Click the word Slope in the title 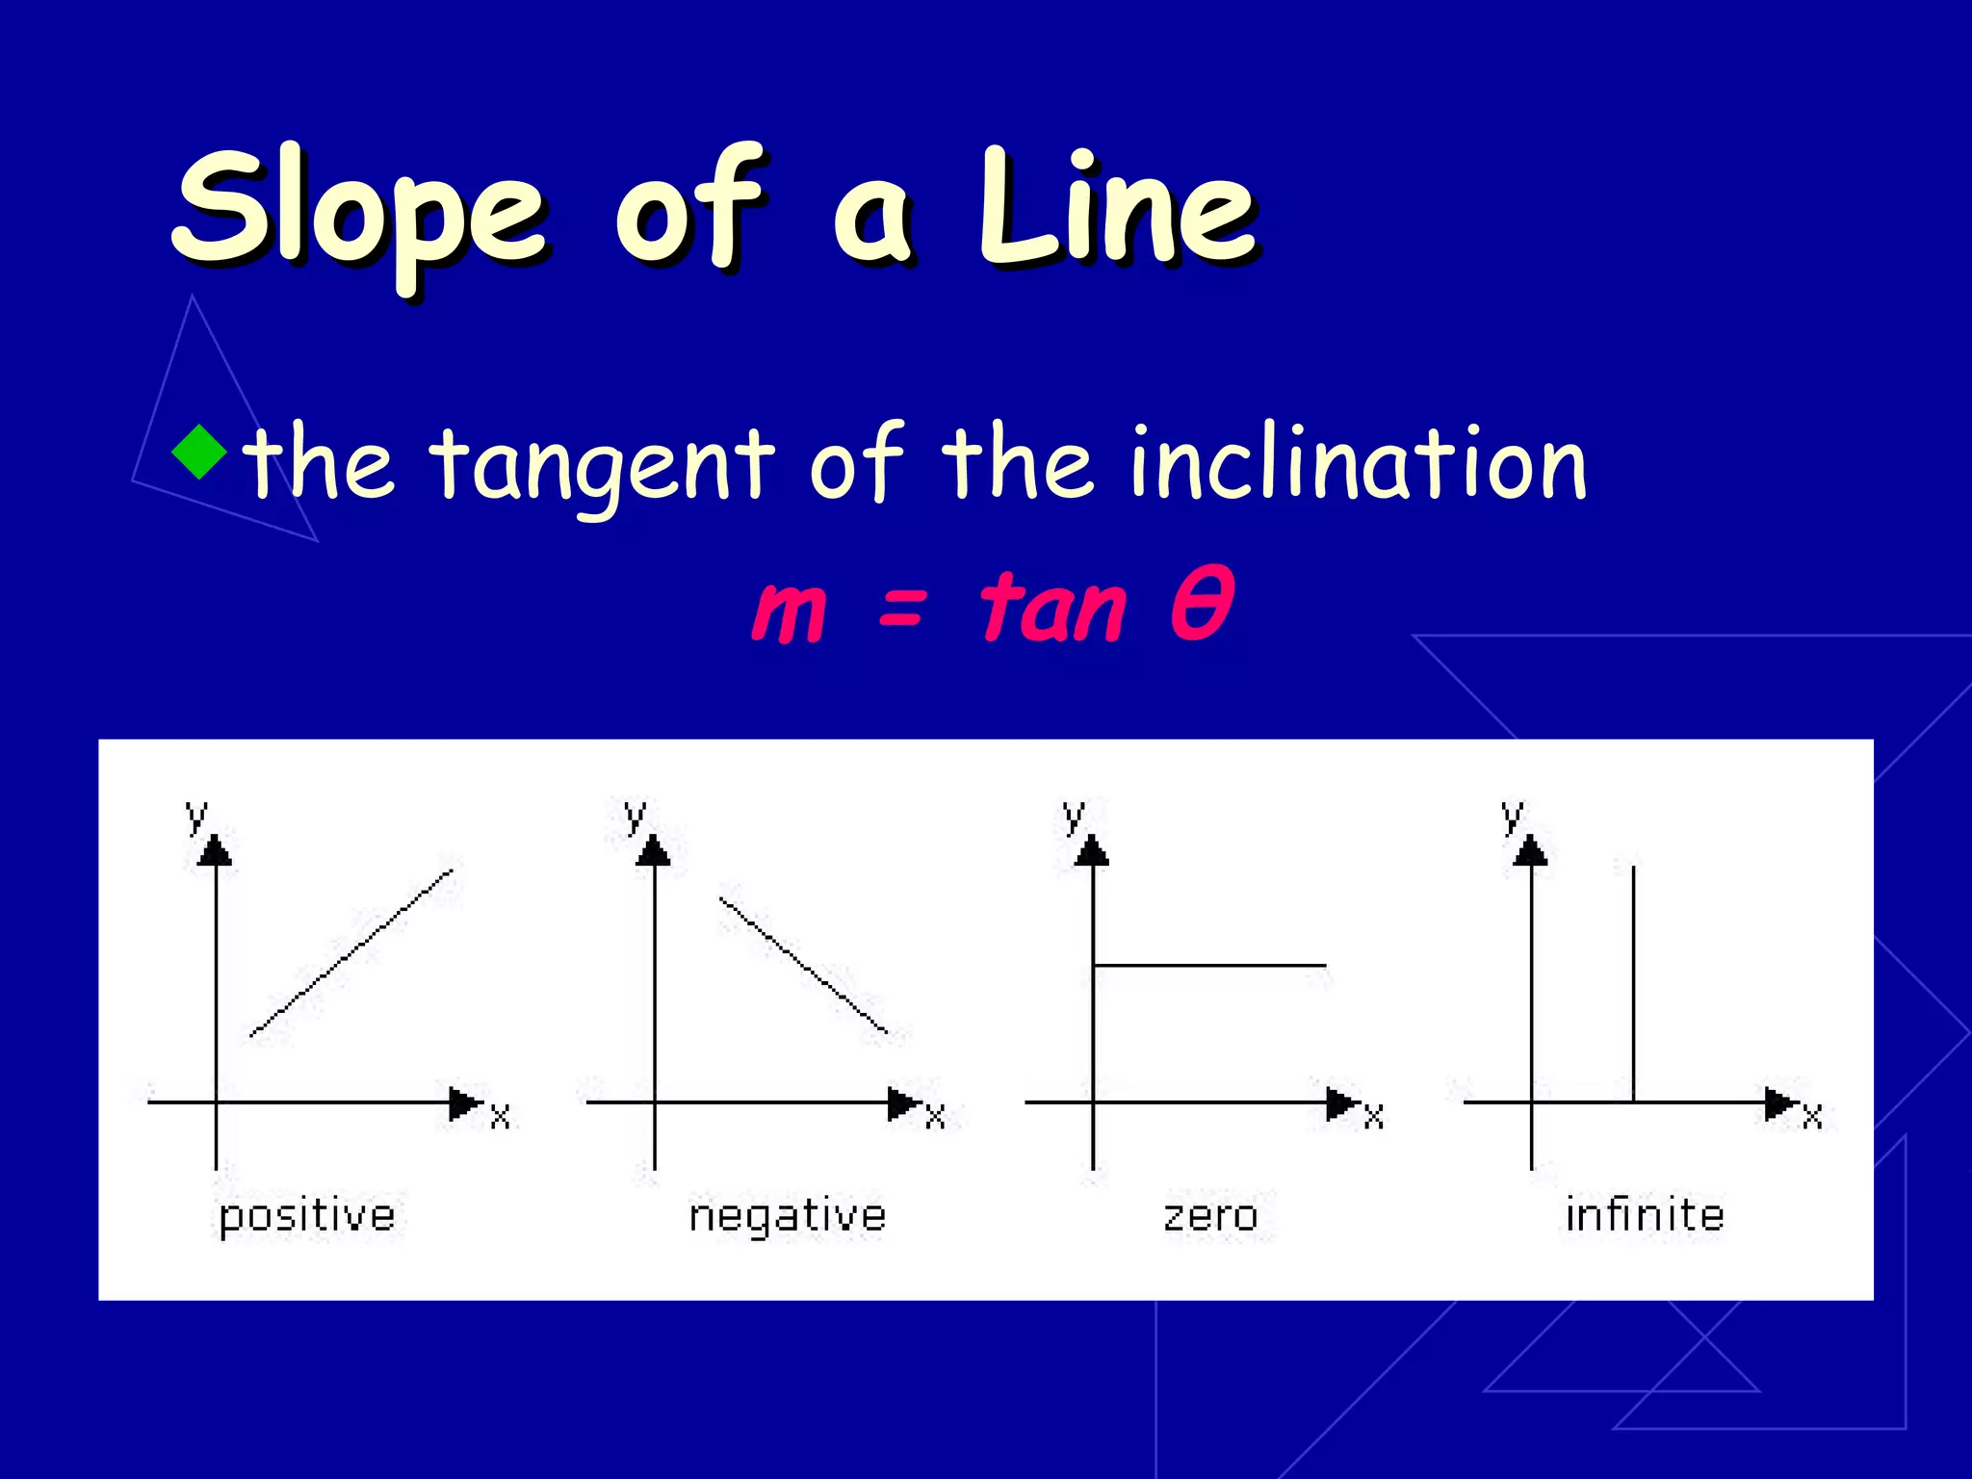pyautogui.click(x=361, y=212)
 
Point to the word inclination pyautogui.click(x=1358, y=464)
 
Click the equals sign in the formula pyautogui.click(x=902, y=610)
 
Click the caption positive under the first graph pyautogui.click(x=307, y=1216)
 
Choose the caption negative pyautogui.click(x=788, y=1216)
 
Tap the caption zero pyautogui.click(x=1211, y=1216)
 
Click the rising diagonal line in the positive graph pyautogui.click(x=351, y=952)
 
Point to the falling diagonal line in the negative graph pyautogui.click(x=804, y=966)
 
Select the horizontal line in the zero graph pyautogui.click(x=1210, y=965)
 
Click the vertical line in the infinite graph pyautogui.click(x=1633, y=982)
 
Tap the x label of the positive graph pyautogui.click(x=500, y=1117)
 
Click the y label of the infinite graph pyautogui.click(x=1513, y=817)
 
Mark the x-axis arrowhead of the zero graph pyautogui.click(x=1341, y=1103)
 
